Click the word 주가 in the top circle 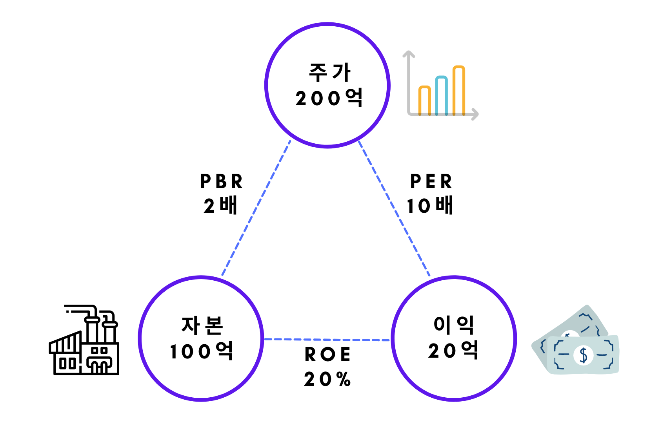coord(329,73)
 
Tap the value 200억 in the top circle coord(329,98)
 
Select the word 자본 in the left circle coord(202,325)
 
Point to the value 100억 coord(202,351)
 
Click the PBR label coord(221,181)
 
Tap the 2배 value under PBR coord(220,206)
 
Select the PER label coord(431,181)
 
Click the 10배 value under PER coord(430,206)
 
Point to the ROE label coord(327,355)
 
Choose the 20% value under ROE coord(327,379)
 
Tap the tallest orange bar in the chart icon coord(458,90)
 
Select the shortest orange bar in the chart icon coord(425,100)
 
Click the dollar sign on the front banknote coord(584,355)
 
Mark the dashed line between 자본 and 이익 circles coord(327,340)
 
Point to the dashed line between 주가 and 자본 coord(256,208)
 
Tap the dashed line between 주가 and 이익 coord(394,208)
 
